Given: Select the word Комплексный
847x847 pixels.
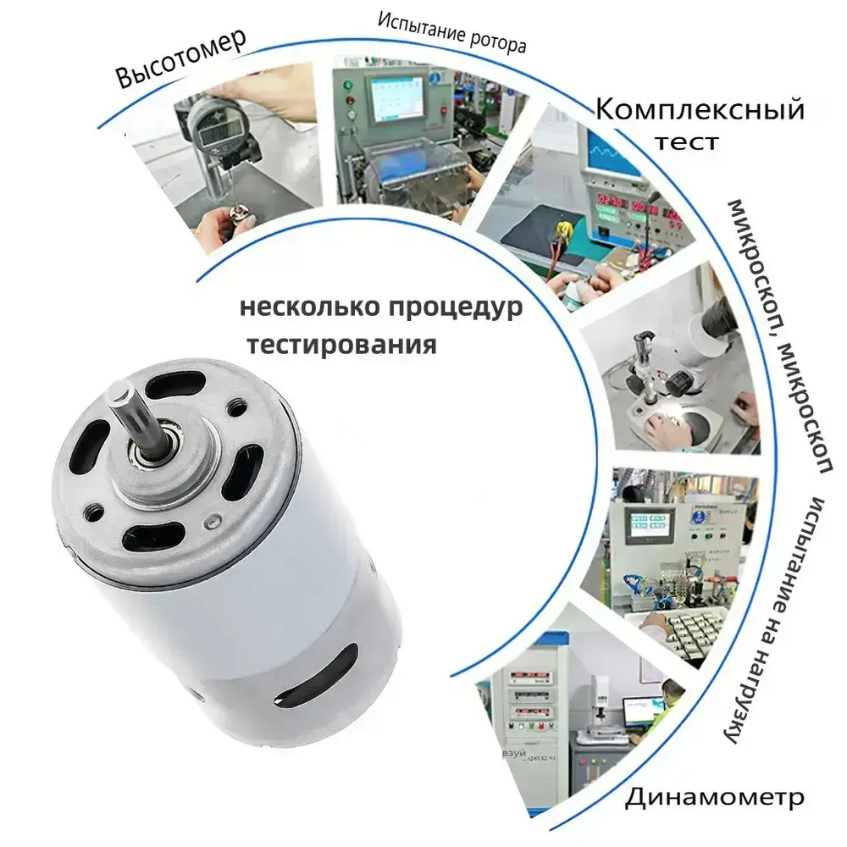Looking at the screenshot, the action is click(x=700, y=109).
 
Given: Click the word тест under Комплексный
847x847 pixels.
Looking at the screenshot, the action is click(x=687, y=142).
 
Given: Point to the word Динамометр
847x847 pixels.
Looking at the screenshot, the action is click(x=714, y=797).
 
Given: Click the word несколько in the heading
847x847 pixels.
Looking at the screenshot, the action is click(x=309, y=307).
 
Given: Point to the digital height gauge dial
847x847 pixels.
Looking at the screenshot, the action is click(x=213, y=128).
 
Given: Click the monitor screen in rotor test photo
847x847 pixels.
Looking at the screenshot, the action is click(x=396, y=99).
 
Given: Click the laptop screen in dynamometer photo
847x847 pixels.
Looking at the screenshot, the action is click(x=644, y=712).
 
